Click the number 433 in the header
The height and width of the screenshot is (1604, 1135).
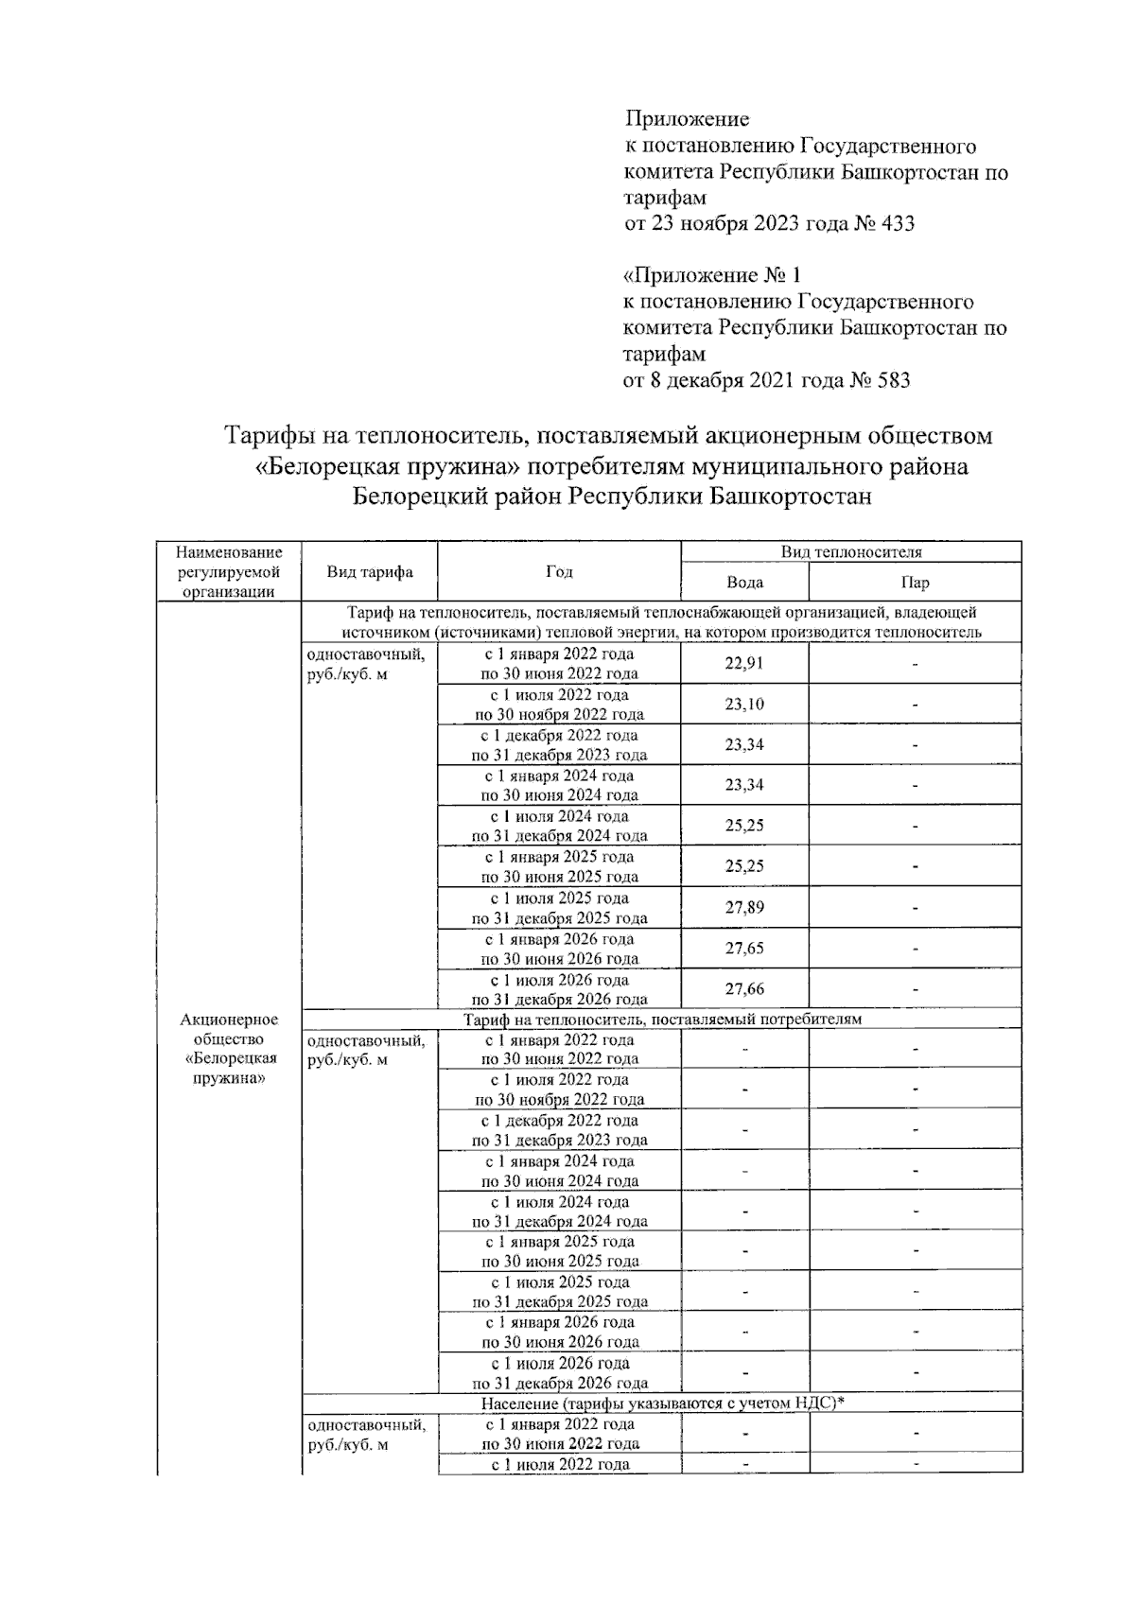[x=898, y=224]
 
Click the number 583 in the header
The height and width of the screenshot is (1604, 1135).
[x=894, y=380]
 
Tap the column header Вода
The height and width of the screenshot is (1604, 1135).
[x=744, y=583]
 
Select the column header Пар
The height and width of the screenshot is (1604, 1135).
[x=916, y=583]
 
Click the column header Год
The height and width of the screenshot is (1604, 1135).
[x=559, y=571]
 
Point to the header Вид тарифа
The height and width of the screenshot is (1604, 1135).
[x=369, y=571]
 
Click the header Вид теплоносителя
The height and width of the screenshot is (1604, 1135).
[x=850, y=551]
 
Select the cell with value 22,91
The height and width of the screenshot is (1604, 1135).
[x=743, y=663]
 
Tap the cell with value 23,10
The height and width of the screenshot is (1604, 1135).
[x=743, y=704]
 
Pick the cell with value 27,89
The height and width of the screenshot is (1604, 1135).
[x=743, y=907]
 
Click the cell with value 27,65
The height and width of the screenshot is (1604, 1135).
[x=743, y=948]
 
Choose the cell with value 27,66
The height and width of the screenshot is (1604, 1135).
[x=743, y=988]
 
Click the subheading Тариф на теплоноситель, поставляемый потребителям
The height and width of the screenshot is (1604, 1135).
[x=662, y=1019]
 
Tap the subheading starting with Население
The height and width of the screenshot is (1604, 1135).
[x=662, y=1403]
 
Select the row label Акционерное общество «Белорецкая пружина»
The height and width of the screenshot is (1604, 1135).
[x=229, y=1048]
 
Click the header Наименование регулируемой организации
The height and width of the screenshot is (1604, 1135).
[x=229, y=571]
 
